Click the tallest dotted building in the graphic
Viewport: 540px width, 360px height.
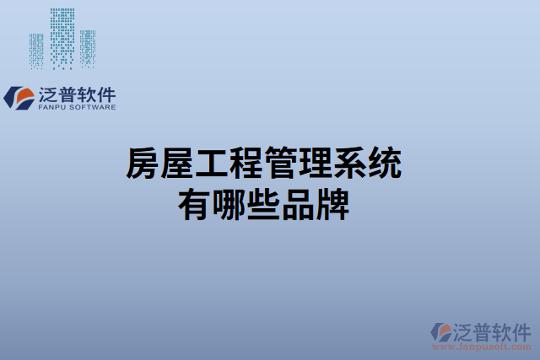point(62,39)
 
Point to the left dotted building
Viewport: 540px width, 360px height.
point(36,52)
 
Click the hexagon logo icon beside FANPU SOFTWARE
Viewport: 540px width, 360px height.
point(16,98)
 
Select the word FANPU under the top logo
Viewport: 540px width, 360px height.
point(53,109)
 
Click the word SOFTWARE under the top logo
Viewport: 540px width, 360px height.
point(93,109)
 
